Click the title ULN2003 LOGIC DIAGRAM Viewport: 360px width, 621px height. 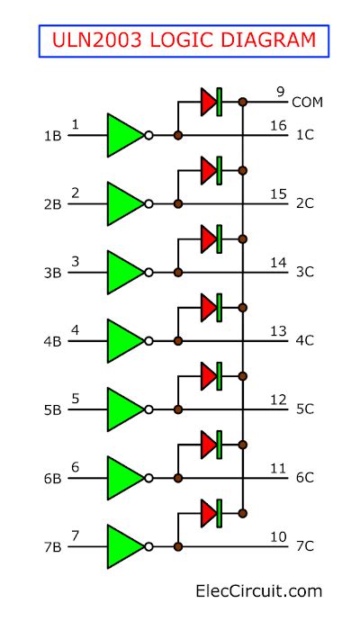pos(183,40)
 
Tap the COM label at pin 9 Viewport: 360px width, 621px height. pos(307,103)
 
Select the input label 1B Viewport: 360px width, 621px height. pos(52,136)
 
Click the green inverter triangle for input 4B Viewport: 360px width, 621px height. pos(124,340)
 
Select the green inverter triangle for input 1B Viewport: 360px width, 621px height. pos(124,135)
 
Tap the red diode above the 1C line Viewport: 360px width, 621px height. pos(210,102)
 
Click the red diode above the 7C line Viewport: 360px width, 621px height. pos(210,512)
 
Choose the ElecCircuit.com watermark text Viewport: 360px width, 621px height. pos(259,591)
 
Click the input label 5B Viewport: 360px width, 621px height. pos(52,409)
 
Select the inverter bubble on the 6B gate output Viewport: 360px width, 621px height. pos(148,478)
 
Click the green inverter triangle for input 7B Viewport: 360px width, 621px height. pos(124,546)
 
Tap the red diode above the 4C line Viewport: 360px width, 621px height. pos(210,307)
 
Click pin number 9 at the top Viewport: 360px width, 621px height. pos(281,90)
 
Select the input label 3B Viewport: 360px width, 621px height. pos(52,273)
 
